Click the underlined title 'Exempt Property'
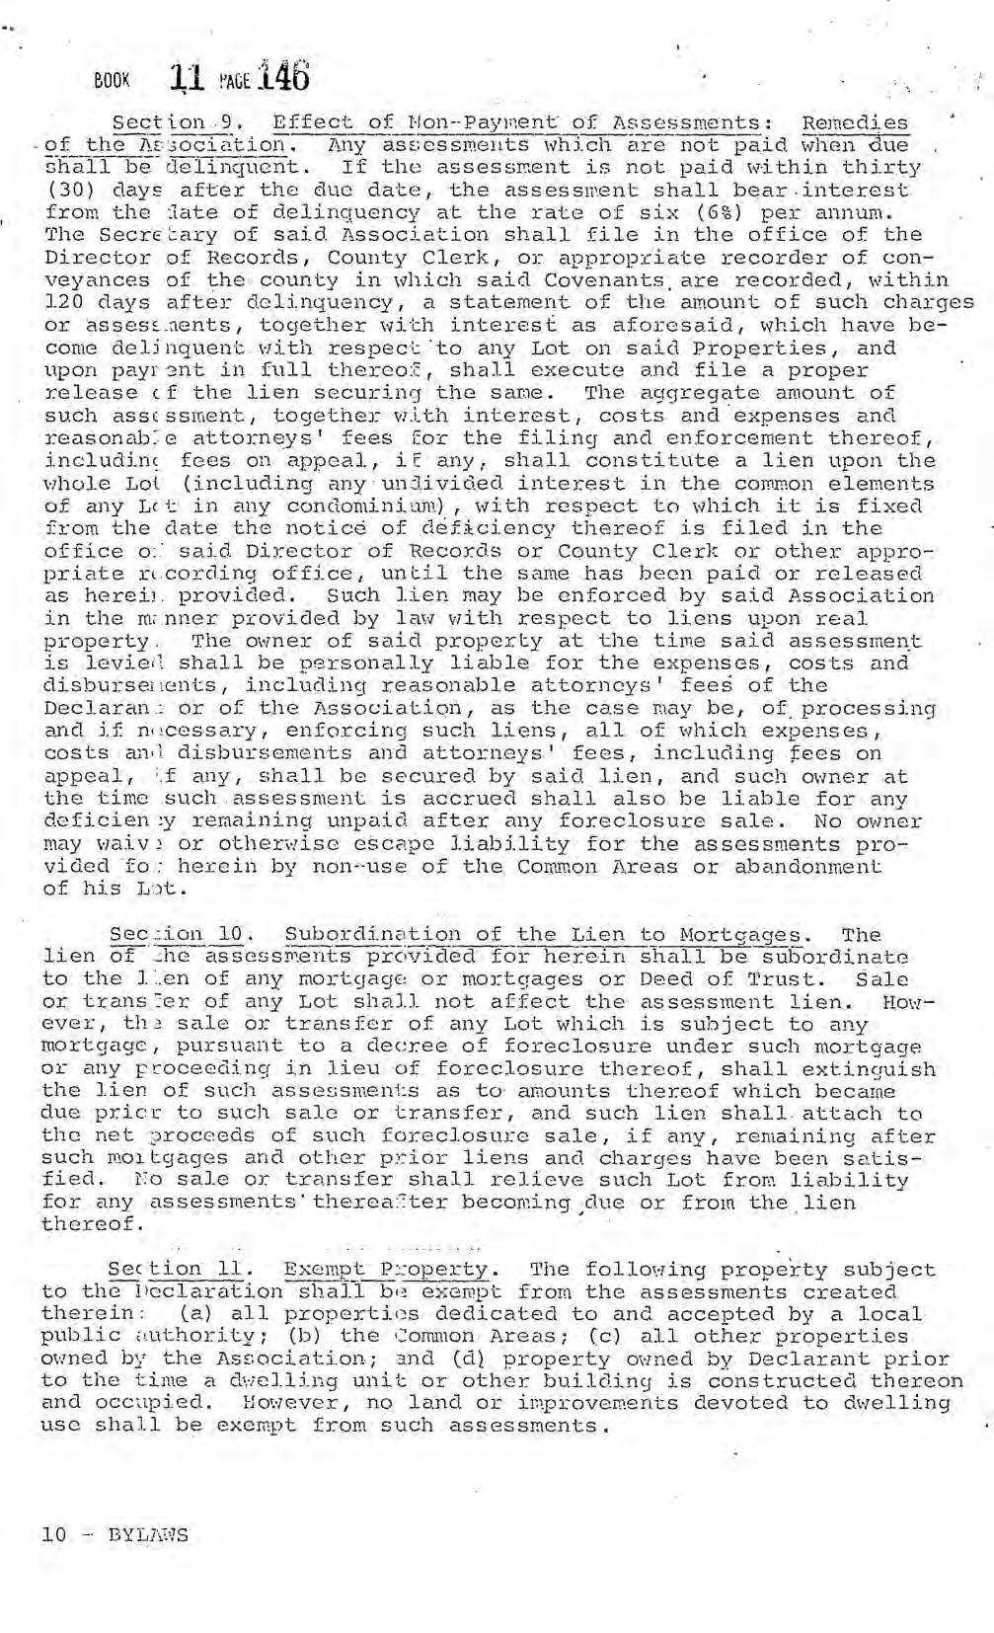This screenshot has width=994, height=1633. (x=385, y=1269)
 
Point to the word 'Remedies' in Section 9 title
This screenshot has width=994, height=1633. (x=855, y=123)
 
